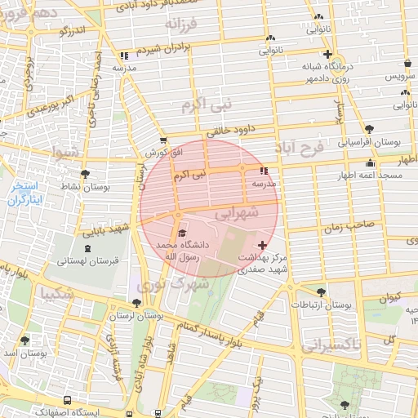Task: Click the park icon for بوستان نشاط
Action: [x=86, y=173]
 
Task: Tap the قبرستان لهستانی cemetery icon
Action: [x=87, y=247]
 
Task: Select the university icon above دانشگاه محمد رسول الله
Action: [x=181, y=233]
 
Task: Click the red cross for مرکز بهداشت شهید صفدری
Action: [x=261, y=245]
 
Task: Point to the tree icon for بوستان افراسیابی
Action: [x=370, y=128]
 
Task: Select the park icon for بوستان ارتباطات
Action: [x=321, y=292]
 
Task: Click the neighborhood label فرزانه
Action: [x=180, y=24]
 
